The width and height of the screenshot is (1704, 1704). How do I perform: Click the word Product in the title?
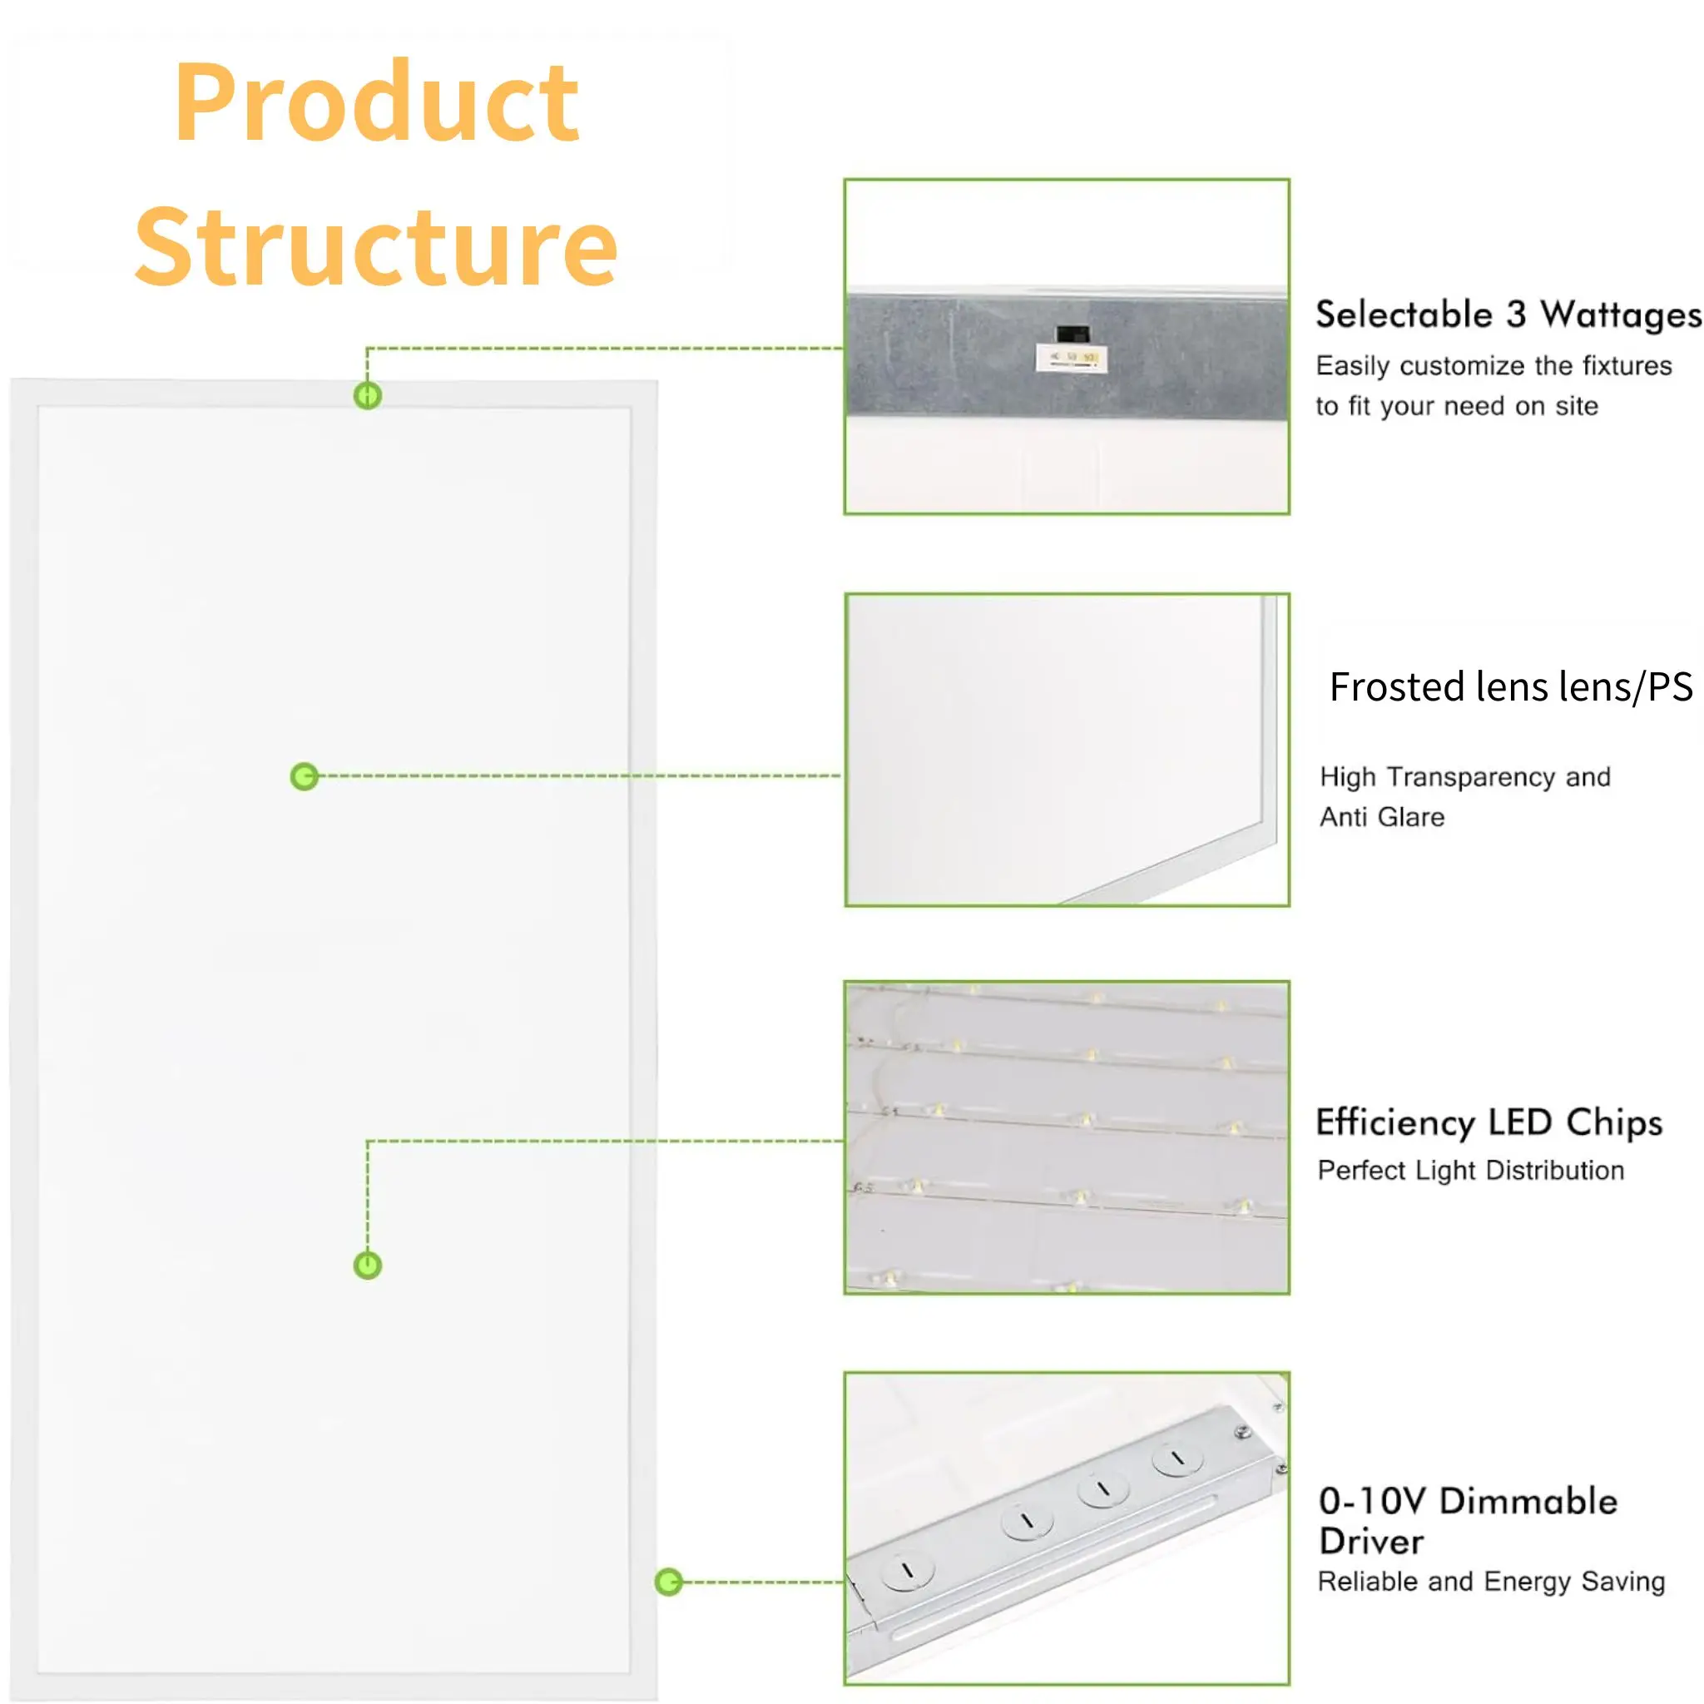pyautogui.click(x=377, y=103)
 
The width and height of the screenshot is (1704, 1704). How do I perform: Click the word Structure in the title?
pyautogui.click(x=377, y=248)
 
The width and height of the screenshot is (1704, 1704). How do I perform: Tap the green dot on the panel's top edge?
pyautogui.click(x=368, y=395)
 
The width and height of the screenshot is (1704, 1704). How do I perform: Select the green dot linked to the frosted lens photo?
pyautogui.click(x=305, y=776)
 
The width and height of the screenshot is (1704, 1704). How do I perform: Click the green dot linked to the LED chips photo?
pyautogui.click(x=368, y=1266)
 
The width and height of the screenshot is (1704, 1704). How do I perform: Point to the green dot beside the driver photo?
pyautogui.click(x=670, y=1582)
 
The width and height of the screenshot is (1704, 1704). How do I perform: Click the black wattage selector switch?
pyautogui.click(x=1072, y=334)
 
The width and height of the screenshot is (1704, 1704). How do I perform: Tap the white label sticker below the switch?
pyautogui.click(x=1071, y=358)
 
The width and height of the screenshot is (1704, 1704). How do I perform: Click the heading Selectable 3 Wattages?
pyautogui.click(x=1508, y=315)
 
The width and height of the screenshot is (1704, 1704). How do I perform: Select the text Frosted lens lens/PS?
pyautogui.click(x=1510, y=687)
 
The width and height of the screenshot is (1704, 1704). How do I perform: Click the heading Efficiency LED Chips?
pyautogui.click(x=1489, y=1122)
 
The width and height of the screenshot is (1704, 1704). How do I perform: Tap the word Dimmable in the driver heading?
pyautogui.click(x=1528, y=1500)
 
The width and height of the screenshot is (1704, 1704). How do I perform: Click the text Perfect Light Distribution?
pyautogui.click(x=1470, y=1171)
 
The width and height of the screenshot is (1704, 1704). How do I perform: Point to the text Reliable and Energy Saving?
pyautogui.click(x=1490, y=1582)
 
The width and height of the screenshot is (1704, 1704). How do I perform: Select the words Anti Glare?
pyautogui.click(x=1381, y=817)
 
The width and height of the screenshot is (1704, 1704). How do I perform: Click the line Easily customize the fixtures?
pyautogui.click(x=1493, y=366)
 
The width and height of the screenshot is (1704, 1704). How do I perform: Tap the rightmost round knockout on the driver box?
pyautogui.click(x=1177, y=1459)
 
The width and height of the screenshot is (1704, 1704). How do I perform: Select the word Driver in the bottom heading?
pyautogui.click(x=1370, y=1541)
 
